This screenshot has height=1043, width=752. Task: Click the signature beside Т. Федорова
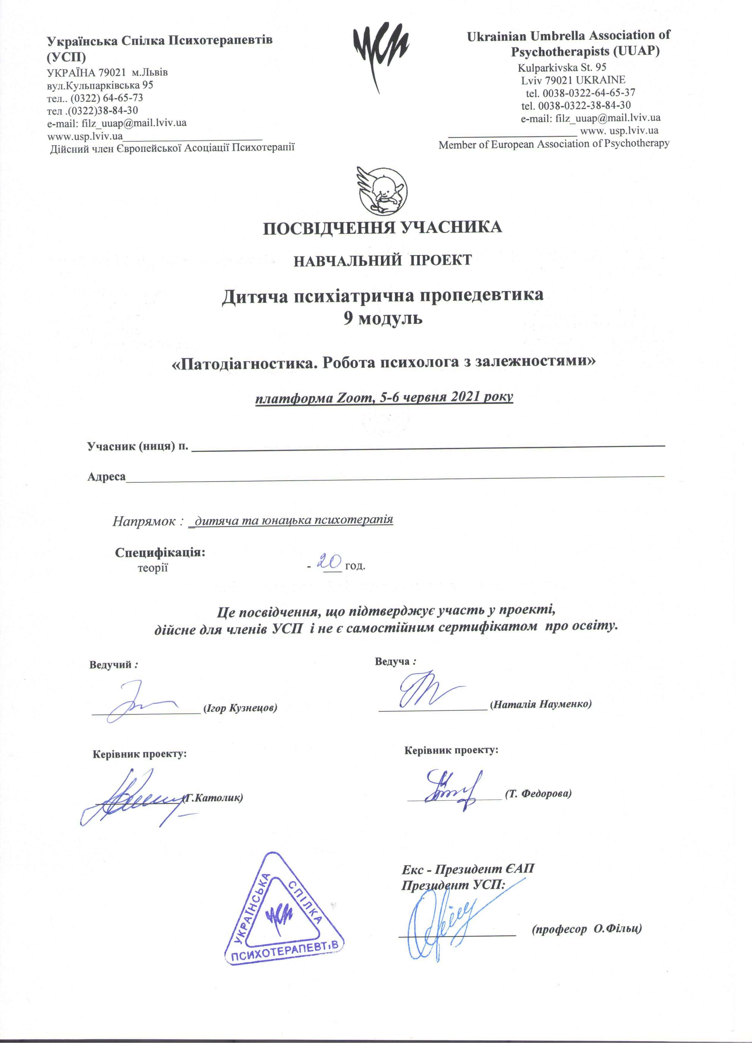click(453, 789)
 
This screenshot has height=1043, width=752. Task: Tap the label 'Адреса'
click(106, 476)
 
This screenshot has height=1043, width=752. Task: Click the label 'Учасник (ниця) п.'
click(137, 446)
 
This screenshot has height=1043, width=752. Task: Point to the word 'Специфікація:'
click(160, 552)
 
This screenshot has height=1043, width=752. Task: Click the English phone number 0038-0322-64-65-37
click(589, 92)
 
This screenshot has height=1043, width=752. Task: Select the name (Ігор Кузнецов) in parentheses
click(240, 708)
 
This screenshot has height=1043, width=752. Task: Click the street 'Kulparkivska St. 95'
click(562, 68)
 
